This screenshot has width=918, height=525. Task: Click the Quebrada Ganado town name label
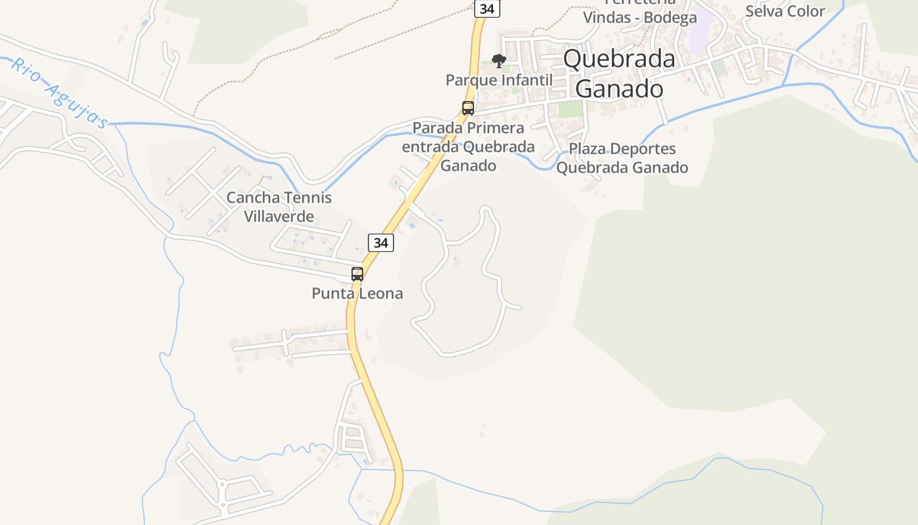[619, 73]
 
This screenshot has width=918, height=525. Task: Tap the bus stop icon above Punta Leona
[357, 274]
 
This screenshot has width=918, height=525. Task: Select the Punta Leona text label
[357, 293]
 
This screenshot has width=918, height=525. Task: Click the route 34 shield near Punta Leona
[380, 243]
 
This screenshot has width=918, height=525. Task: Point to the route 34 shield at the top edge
[487, 9]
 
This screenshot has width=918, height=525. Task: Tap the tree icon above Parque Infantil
[499, 61]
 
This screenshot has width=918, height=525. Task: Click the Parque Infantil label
[499, 80]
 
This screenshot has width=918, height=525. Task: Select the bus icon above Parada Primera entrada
[468, 108]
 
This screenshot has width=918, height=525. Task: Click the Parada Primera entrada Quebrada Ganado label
[468, 146]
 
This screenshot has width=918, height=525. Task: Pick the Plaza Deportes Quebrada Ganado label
[622, 158]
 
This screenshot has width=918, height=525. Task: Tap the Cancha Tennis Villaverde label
[279, 207]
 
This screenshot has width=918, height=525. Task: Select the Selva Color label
[785, 11]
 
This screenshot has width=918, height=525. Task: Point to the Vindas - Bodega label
[640, 18]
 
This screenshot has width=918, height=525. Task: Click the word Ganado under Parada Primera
[468, 165]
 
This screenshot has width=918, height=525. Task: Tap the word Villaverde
[279, 216]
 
